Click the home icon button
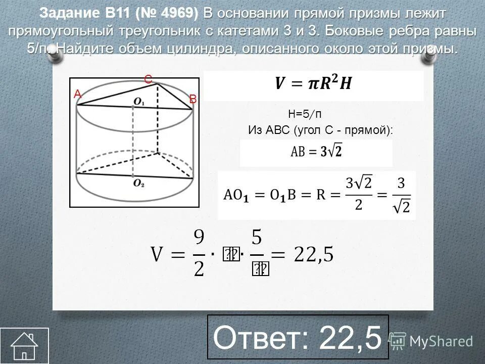24,346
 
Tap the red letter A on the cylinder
77,94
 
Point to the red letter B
192,100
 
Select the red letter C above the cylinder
148,80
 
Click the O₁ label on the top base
139,102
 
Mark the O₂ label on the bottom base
139,185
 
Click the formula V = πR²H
313,84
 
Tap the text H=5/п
305,113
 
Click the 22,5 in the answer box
349,338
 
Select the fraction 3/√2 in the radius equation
400,196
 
